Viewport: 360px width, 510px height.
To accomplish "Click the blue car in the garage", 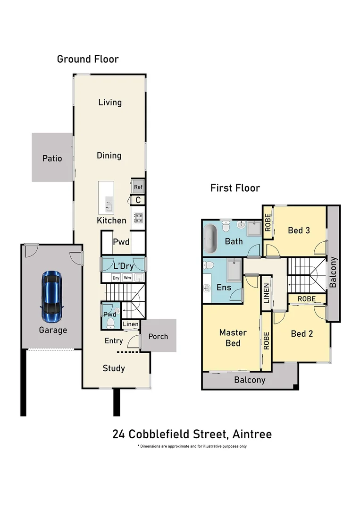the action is (x=52, y=296).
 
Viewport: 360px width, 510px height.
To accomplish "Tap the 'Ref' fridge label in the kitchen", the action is (x=138, y=187).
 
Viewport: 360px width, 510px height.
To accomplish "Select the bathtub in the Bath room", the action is (x=210, y=239).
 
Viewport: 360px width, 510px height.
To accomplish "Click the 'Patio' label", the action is (x=52, y=158).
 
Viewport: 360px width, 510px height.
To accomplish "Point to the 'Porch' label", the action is (x=158, y=337).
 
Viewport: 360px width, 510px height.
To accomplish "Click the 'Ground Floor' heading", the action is (x=88, y=59).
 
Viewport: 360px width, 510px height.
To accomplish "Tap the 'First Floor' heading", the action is (x=235, y=188).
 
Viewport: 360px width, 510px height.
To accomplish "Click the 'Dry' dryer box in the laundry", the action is (x=116, y=278).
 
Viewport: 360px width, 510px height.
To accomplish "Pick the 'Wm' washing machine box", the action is (x=127, y=278).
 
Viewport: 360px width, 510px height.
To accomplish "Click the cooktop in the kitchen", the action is (x=138, y=218).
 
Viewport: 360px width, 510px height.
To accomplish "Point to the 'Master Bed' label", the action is (x=233, y=338).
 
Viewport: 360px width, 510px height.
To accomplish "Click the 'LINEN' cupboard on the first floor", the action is (x=267, y=293).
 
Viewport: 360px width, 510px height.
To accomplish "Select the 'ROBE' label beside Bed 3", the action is (x=268, y=222).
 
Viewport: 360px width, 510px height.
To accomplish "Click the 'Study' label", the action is (x=114, y=368).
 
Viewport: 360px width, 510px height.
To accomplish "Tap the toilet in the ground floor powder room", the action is (x=110, y=323).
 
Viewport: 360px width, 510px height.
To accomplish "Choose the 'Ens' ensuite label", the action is (x=224, y=287).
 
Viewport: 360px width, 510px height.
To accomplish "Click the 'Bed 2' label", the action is (x=302, y=334).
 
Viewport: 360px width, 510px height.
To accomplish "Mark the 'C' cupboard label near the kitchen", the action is (x=138, y=200).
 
